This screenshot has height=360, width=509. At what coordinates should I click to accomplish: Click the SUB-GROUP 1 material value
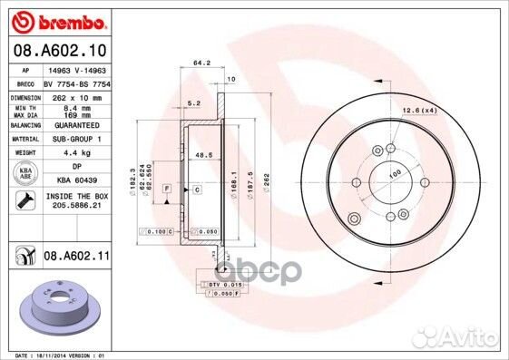tap(76, 139)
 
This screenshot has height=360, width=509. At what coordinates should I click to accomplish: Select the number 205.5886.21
tap(75, 206)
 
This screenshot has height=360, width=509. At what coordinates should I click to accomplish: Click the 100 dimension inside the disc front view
tap(395, 173)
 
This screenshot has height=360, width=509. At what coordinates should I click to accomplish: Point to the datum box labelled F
tap(167, 188)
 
